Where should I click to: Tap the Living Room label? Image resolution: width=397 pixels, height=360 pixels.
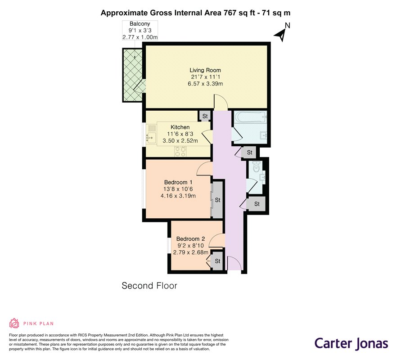click(x=205, y=70)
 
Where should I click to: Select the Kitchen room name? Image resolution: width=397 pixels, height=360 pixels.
click(x=180, y=127)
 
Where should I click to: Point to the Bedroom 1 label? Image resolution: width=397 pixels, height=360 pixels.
click(x=178, y=182)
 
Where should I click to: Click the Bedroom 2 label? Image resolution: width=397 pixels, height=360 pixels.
click(x=190, y=239)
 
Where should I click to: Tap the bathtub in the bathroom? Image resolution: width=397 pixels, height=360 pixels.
click(x=250, y=117)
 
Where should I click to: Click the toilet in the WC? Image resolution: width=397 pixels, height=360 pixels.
click(x=256, y=166)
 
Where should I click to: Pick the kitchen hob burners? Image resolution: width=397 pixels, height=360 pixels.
click(x=180, y=151)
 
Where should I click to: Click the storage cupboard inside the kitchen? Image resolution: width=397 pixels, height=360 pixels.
click(x=205, y=116)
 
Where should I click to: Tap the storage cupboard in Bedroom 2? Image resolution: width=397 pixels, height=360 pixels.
click(x=217, y=261)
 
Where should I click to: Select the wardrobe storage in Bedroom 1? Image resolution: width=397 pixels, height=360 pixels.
click(x=217, y=200)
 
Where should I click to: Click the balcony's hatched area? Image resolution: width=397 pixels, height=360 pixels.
click(x=133, y=75)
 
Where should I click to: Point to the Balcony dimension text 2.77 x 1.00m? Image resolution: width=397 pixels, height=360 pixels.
click(x=140, y=37)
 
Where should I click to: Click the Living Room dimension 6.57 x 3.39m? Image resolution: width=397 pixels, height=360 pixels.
click(x=205, y=84)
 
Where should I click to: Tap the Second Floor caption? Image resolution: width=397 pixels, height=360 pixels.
click(x=149, y=286)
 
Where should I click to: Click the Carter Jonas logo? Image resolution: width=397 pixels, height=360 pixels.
click(x=351, y=344)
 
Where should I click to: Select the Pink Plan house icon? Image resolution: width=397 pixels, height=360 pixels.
click(x=14, y=323)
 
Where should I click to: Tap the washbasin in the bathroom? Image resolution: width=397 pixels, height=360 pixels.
click(x=263, y=135)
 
